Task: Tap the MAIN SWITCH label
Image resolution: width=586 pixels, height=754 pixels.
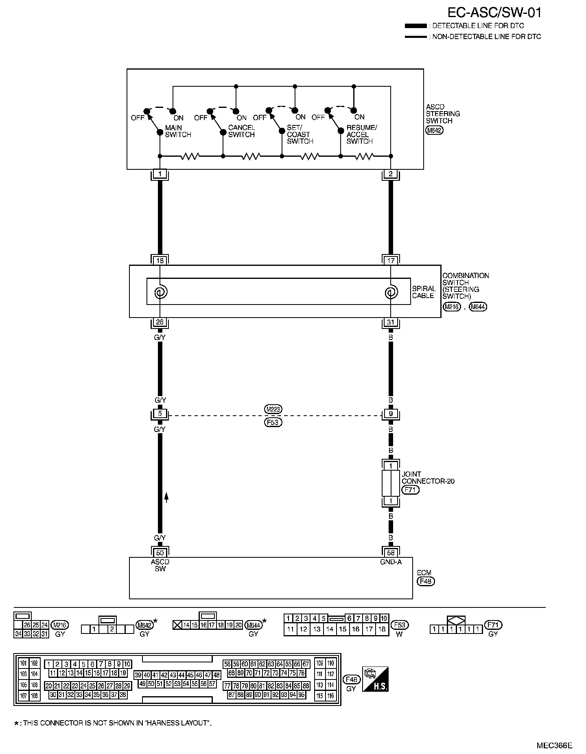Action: (x=178, y=131)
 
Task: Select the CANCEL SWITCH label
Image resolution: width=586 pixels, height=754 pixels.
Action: (x=241, y=131)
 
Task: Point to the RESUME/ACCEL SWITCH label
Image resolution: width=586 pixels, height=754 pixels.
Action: (x=361, y=134)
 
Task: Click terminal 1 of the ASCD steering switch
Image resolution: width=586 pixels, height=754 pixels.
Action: (x=160, y=174)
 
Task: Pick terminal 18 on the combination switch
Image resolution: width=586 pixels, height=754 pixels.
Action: (x=160, y=261)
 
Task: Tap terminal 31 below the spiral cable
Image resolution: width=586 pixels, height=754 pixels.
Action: (x=391, y=322)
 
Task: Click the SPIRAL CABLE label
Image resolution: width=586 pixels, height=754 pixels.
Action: (x=424, y=292)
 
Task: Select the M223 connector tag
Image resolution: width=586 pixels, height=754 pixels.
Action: (x=273, y=409)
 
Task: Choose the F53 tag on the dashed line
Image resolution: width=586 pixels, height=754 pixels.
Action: (x=273, y=422)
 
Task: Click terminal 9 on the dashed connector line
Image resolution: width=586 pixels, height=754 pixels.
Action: (x=391, y=414)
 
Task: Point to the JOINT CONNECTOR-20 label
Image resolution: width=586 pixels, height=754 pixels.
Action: (x=428, y=478)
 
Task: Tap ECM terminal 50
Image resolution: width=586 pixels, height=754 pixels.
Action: (x=160, y=552)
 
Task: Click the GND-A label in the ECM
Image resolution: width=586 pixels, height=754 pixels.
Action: (x=391, y=562)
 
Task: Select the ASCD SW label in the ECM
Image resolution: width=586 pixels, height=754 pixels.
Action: (x=160, y=565)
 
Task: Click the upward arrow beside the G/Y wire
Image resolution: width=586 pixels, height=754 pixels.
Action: (x=166, y=497)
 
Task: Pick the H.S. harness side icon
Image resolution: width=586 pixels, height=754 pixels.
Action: (x=375, y=679)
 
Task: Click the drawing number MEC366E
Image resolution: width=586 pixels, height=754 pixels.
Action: (x=554, y=745)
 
